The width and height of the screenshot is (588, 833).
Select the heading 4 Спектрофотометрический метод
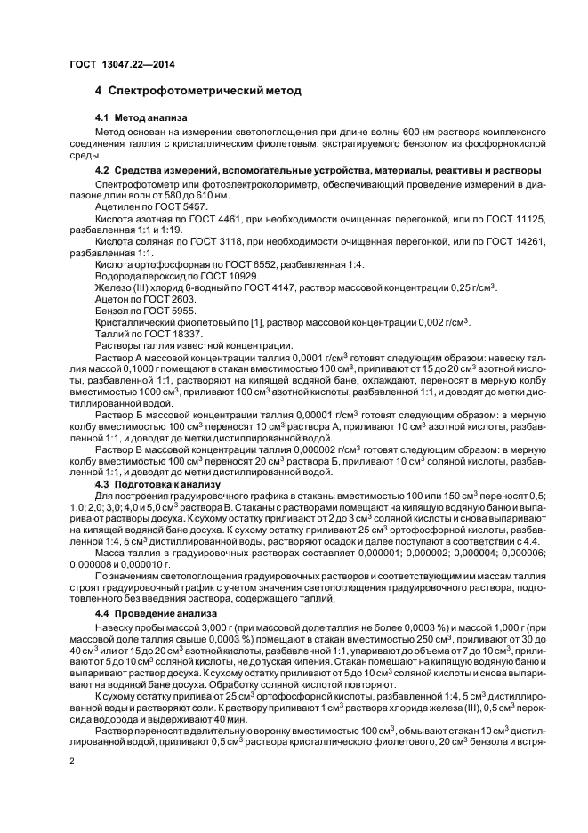(197, 91)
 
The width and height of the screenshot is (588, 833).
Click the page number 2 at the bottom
(71, 762)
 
